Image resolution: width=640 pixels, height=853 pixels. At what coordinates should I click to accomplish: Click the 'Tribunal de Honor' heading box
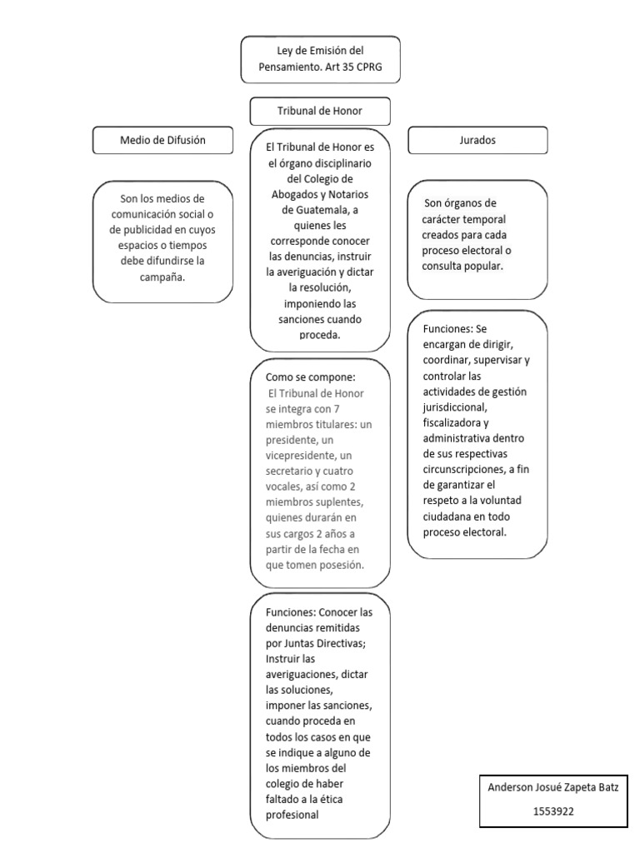(320, 111)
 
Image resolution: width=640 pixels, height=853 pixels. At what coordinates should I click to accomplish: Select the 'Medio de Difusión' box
(162, 141)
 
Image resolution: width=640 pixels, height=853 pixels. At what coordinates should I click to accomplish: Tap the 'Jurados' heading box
(477, 141)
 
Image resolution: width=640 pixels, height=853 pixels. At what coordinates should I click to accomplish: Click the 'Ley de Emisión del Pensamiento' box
(320, 58)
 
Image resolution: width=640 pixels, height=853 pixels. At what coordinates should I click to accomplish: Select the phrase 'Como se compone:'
(311, 377)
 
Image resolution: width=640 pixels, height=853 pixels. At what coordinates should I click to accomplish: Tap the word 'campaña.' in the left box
(162, 276)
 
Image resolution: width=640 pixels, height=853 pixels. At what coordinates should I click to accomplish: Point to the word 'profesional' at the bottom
(292, 816)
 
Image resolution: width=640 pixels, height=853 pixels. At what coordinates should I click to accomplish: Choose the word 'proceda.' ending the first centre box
(320, 335)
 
